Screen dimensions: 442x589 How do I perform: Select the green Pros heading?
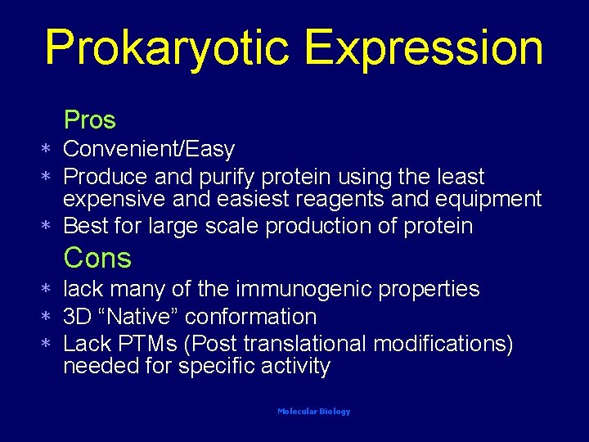90,120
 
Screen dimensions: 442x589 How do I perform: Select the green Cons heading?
97,259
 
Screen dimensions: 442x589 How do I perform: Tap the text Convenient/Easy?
149,149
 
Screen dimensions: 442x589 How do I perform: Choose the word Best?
84,225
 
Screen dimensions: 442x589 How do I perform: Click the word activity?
296,366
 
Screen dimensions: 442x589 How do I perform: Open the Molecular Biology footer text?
314,412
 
